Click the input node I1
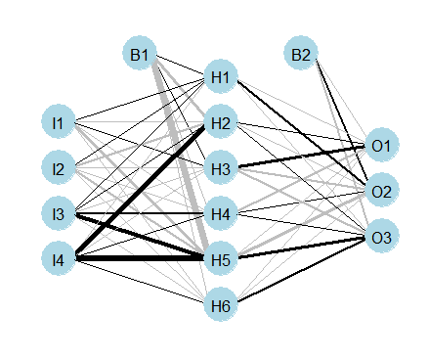pyautogui.click(x=59, y=122)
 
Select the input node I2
pyautogui.click(x=59, y=168)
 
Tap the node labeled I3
pyautogui.click(x=59, y=213)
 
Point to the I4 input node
pyautogui.click(x=59, y=259)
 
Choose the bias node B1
pyautogui.click(x=140, y=54)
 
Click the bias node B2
pyautogui.click(x=301, y=54)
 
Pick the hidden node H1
pyautogui.click(x=221, y=76)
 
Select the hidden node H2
pyautogui.click(x=221, y=122)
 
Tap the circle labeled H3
pyautogui.click(x=221, y=168)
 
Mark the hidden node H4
pyautogui.click(x=221, y=213)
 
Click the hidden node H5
pyautogui.click(x=221, y=259)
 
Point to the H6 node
pyautogui.click(x=221, y=305)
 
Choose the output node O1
pyautogui.click(x=382, y=145)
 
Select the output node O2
pyautogui.click(x=382, y=191)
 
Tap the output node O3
pyautogui.click(x=382, y=237)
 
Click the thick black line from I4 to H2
pyautogui.click(x=140, y=191)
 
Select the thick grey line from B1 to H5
pyautogui.click(x=179, y=154)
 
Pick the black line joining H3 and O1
pyautogui.click(x=302, y=157)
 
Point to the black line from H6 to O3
pyautogui.click(x=302, y=270)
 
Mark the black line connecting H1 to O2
pyautogui.click(x=302, y=130)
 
